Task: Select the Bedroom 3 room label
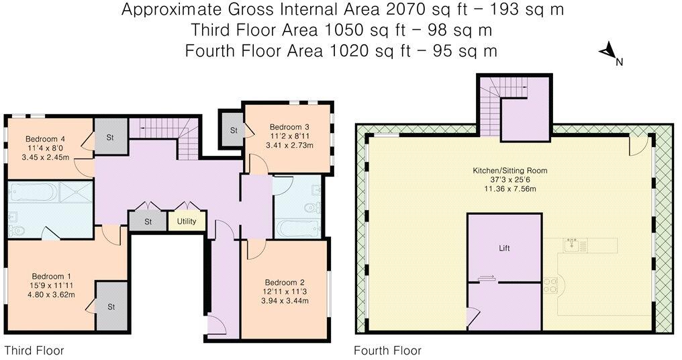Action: (x=290, y=126)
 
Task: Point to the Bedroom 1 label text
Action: (x=51, y=276)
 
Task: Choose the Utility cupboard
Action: (x=187, y=221)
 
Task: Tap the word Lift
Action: (x=505, y=248)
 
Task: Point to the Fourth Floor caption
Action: (x=387, y=350)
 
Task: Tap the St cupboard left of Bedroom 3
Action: (x=234, y=130)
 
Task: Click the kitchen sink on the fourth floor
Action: (x=573, y=244)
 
